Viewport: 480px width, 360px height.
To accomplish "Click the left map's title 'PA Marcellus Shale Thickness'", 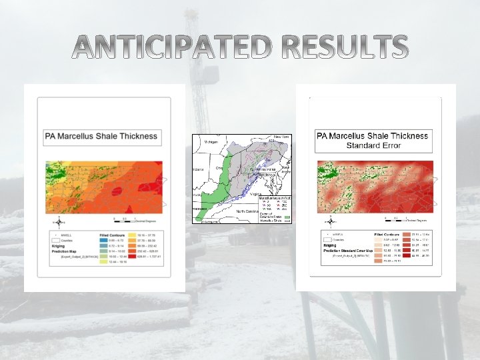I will (x=101, y=137).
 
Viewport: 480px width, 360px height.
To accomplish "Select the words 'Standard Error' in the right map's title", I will (x=373, y=145).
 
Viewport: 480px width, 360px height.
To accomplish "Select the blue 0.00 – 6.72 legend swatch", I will (x=104, y=241).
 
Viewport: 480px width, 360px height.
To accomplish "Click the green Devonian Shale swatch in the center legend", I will (x=287, y=217).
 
